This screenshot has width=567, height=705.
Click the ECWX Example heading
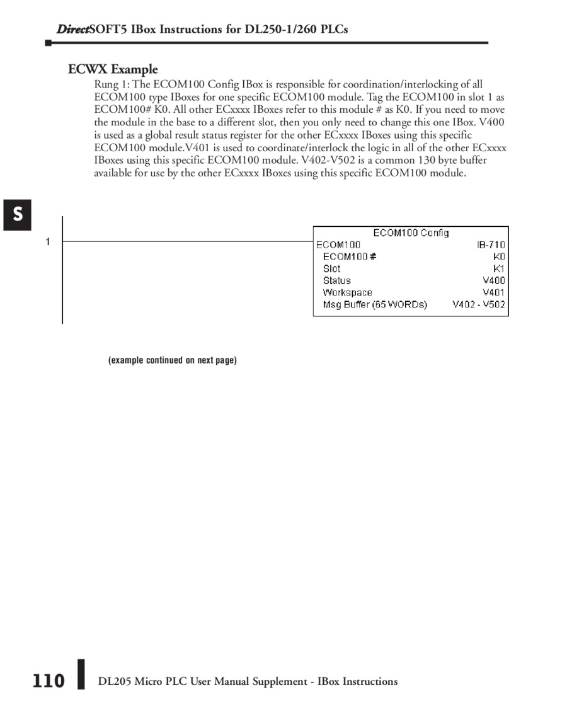(113, 69)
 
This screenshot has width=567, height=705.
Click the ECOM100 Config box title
(411, 233)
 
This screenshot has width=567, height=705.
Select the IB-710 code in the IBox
(491, 244)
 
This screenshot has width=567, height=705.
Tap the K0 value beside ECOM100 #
(499, 256)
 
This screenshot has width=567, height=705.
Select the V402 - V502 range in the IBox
(478, 304)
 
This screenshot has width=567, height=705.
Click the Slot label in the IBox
(331, 268)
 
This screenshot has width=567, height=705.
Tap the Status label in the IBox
(336, 280)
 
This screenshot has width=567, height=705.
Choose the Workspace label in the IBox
(347, 292)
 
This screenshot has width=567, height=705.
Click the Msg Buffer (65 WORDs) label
(375, 304)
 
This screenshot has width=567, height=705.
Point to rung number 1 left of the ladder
(47, 241)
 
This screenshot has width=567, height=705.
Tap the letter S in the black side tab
(18, 215)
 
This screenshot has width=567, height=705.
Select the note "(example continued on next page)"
(173, 360)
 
